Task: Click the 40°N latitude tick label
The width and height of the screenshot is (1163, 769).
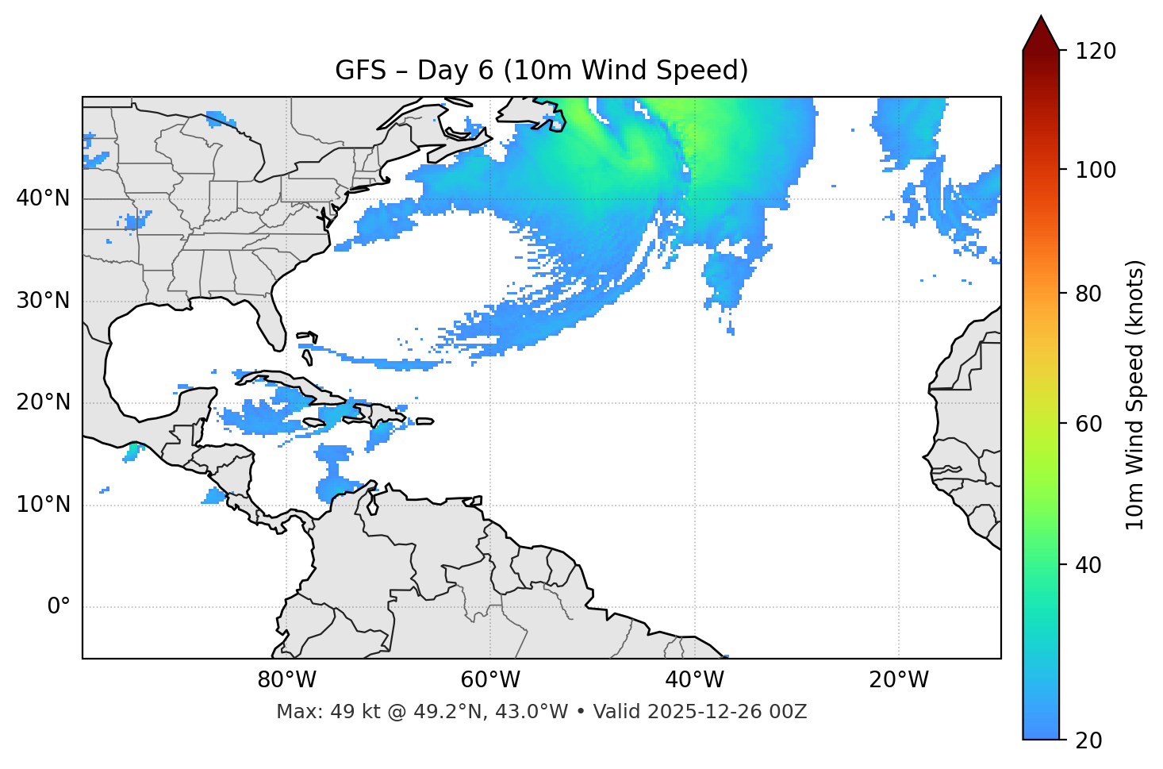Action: pyautogui.click(x=43, y=198)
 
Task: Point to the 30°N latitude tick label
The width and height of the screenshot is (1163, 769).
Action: pyautogui.click(x=43, y=301)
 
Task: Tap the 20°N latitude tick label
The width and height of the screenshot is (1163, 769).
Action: pyautogui.click(x=43, y=402)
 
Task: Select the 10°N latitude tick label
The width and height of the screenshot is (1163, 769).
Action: pyautogui.click(x=43, y=505)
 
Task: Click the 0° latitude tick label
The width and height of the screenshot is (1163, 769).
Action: pyautogui.click(x=59, y=607)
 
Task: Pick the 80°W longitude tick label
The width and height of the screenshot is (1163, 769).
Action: pyautogui.click(x=286, y=680)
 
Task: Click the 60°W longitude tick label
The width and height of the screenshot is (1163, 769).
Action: pyautogui.click(x=490, y=680)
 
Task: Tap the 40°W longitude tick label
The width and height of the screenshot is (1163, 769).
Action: pyautogui.click(x=694, y=680)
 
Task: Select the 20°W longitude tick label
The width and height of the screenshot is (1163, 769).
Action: pyautogui.click(x=898, y=680)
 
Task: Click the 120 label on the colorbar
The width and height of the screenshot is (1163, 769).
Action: pyautogui.click(x=1096, y=52)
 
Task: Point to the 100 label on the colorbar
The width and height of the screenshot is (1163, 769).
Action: pyautogui.click(x=1096, y=170)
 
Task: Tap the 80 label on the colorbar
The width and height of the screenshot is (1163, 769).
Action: pyautogui.click(x=1089, y=294)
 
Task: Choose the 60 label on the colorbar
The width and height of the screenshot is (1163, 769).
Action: pyautogui.click(x=1089, y=424)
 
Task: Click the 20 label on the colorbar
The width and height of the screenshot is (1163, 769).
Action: pyautogui.click(x=1089, y=740)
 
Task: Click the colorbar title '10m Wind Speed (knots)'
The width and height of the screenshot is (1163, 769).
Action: pyautogui.click(x=1135, y=395)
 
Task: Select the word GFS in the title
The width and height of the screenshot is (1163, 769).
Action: pyautogui.click(x=360, y=71)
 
